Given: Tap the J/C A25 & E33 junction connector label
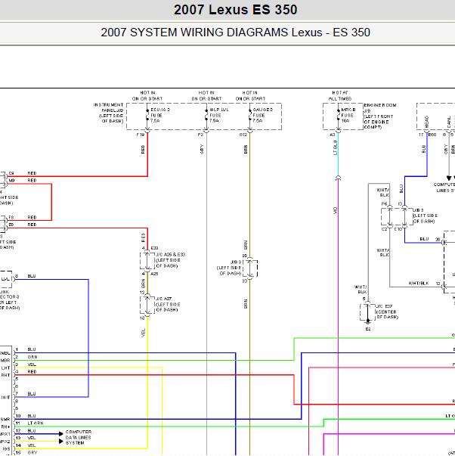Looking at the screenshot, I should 169,256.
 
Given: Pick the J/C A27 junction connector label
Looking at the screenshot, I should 167,303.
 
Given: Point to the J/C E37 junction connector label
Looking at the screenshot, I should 385,312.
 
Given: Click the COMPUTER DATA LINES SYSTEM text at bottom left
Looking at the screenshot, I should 82,436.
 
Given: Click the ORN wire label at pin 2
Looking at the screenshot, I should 32,357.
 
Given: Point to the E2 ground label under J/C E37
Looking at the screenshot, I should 368,330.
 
